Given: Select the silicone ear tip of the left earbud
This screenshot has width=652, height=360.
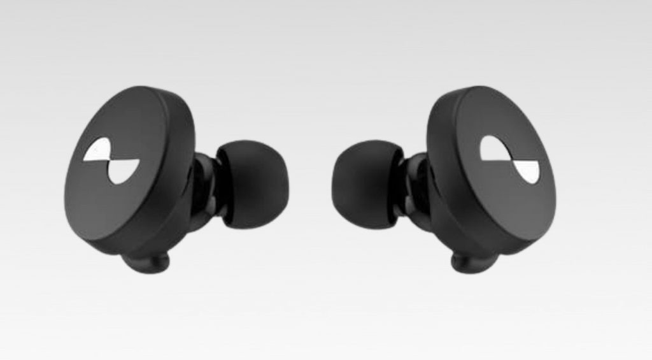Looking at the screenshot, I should tap(252, 184).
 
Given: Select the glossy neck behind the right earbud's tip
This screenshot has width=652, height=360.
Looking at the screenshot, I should tap(414, 185).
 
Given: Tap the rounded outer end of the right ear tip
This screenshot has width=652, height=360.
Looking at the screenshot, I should tap(337, 185).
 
